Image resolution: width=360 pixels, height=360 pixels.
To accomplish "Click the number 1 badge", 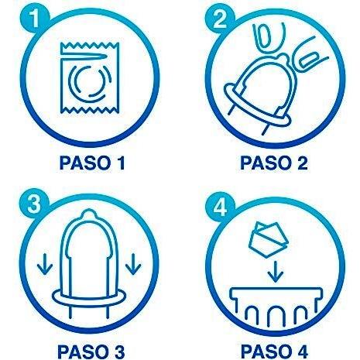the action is (35, 19).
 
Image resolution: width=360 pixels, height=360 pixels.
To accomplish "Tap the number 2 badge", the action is (220, 19).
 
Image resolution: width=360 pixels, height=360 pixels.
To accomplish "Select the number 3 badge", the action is (33, 204).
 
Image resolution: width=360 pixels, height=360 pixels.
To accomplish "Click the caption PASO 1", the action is (92, 163).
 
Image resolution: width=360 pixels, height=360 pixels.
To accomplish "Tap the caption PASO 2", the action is (274, 163).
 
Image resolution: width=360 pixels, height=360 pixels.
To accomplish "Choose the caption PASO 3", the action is (91, 351).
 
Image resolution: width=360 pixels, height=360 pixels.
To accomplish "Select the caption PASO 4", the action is (274, 351).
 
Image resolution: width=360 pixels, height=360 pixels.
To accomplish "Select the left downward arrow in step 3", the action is (45, 265).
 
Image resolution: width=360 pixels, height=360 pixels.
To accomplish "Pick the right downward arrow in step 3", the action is (133, 264).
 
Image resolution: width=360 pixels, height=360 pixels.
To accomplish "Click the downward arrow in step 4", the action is (276, 271).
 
